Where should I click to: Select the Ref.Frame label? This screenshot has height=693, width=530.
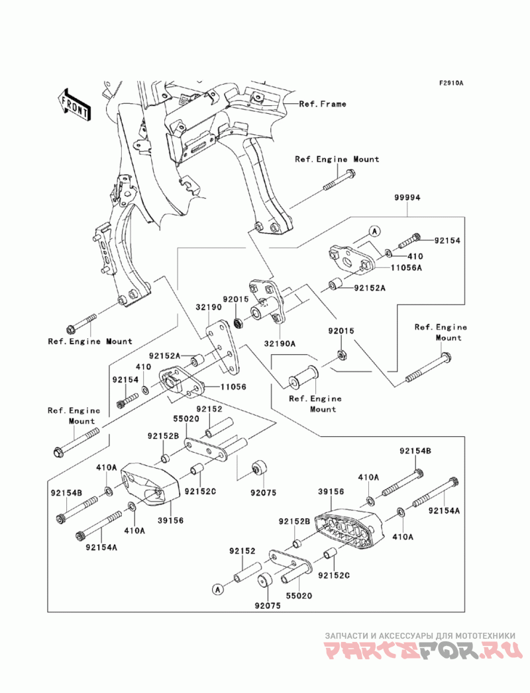[322, 104]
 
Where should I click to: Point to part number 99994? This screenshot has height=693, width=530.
[406, 198]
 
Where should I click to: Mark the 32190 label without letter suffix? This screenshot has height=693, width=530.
[207, 308]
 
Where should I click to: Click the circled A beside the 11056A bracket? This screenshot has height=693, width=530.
[374, 231]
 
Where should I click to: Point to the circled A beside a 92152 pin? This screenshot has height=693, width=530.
[216, 587]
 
